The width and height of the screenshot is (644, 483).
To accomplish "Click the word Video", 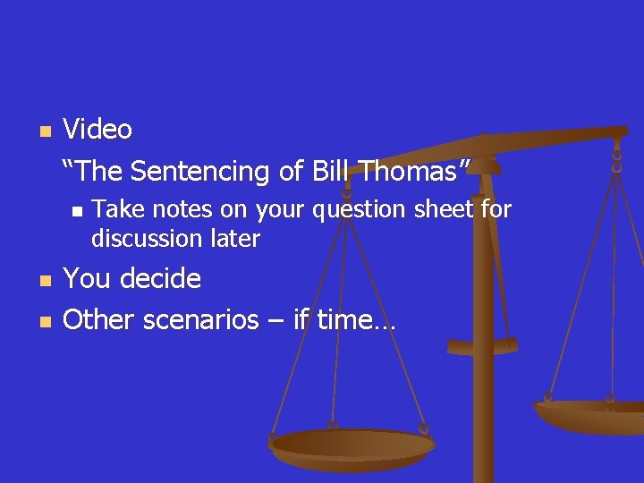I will click(97, 130).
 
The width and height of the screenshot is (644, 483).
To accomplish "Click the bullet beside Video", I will click(44, 131).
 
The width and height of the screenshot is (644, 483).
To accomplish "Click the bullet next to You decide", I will click(44, 280).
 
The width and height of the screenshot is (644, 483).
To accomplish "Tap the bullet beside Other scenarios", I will click(44, 320).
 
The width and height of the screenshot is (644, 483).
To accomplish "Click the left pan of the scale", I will click(352, 445).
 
